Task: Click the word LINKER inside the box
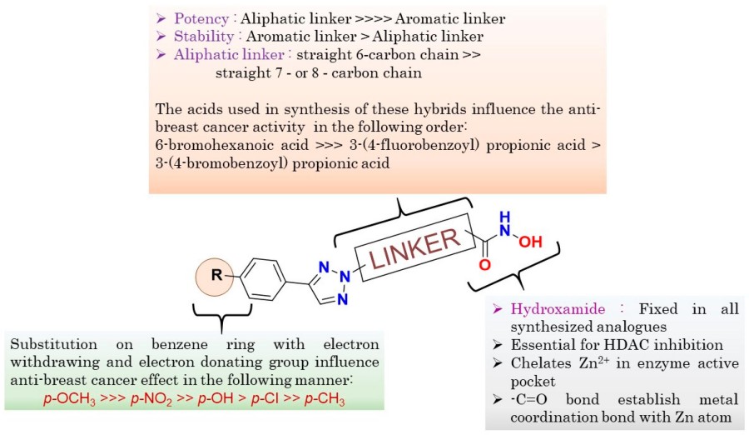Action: (x=414, y=249)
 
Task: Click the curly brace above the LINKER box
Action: (x=402, y=207)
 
